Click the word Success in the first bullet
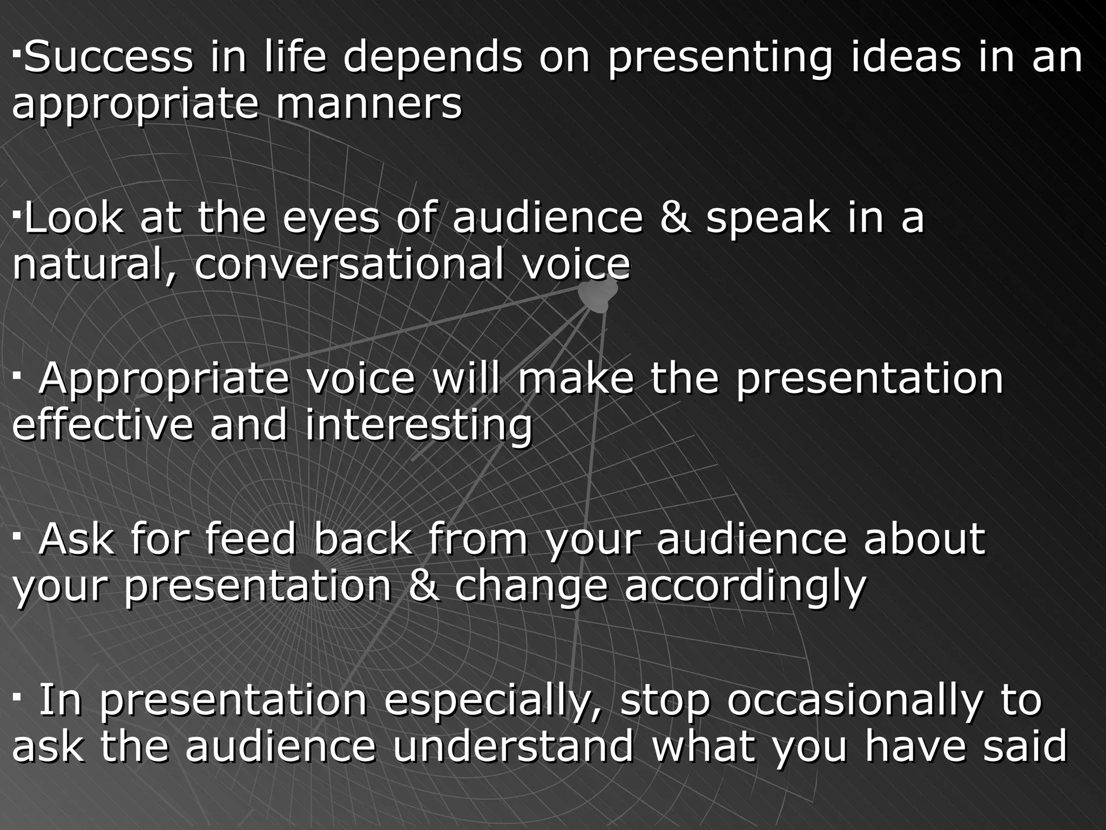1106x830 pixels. pos(109,57)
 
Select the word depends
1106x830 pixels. pos(433,57)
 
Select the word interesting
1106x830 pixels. pos(419,425)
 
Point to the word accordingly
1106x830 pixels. pos(745,587)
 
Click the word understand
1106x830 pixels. pos(513,746)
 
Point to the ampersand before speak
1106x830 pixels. pos(675,217)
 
